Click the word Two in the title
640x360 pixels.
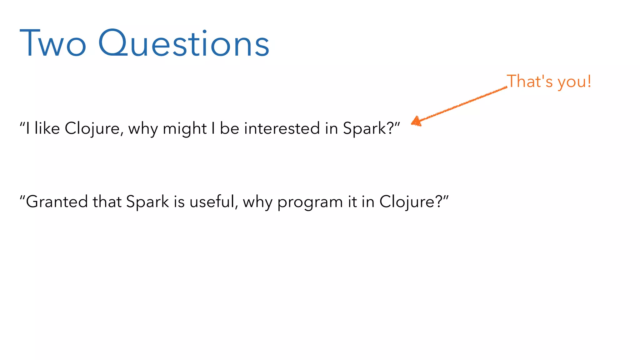coord(52,43)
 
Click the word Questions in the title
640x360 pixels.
coord(184,43)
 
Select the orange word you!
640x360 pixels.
coord(574,82)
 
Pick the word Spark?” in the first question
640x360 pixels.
coord(371,128)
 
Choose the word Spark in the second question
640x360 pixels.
coord(147,202)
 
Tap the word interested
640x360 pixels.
coord(282,128)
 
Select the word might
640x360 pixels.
coord(184,128)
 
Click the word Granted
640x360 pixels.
coord(56,202)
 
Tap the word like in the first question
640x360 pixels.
coord(47,128)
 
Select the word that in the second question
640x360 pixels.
coord(107,202)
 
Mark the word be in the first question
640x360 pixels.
coord(229,128)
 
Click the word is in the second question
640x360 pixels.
coord(179,202)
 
